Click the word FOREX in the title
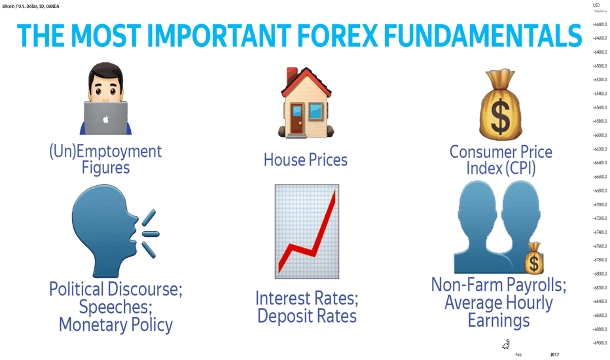[337, 36]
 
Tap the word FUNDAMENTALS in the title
[483, 36]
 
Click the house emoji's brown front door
[297, 118]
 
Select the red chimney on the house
[292, 77]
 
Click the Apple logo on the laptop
[105, 119]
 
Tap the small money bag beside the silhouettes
[534, 258]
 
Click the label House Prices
[306, 160]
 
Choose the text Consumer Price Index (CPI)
[501, 160]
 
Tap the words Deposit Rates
[307, 316]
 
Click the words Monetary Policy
[116, 325]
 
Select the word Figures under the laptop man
[105, 168]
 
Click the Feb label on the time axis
[518, 355]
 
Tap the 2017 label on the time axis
[554, 355]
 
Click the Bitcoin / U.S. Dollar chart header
[31, 7]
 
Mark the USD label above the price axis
[596, 5]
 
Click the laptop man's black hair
[106, 72]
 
